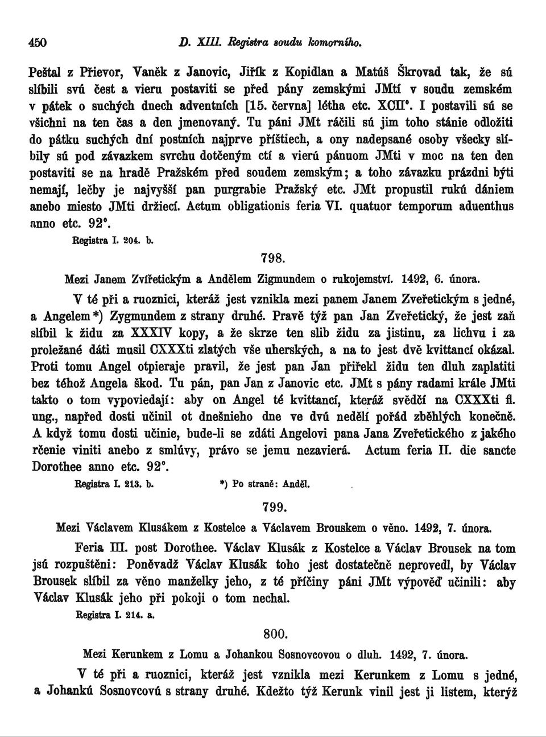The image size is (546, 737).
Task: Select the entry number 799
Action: click(x=272, y=507)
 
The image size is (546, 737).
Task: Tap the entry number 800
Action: click(x=274, y=633)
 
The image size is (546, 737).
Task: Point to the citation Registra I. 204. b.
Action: click(x=111, y=240)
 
